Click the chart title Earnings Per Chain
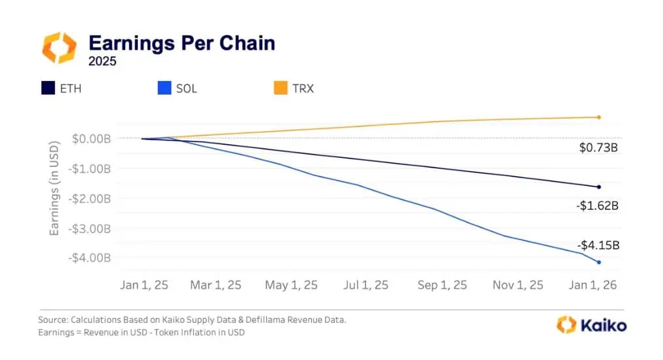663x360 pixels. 181,44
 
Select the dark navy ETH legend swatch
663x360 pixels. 48,87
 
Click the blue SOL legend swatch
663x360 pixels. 164,87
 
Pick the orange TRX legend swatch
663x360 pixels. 281,87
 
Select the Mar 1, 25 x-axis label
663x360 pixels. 217,285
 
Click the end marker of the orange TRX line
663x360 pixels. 598,117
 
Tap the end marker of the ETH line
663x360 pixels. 598,187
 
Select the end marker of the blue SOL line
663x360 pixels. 598,262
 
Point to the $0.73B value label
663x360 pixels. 598,148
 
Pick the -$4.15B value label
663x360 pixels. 597,246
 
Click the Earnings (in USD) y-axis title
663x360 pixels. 55,189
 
